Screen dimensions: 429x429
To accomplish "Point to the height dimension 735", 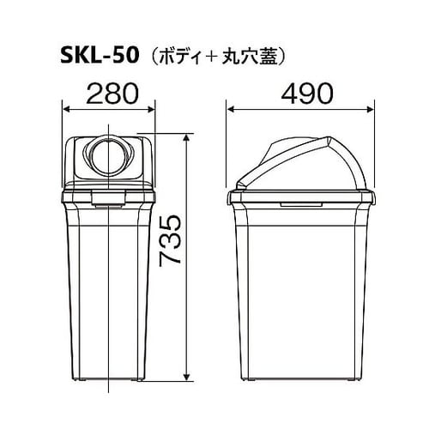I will click(x=172, y=239).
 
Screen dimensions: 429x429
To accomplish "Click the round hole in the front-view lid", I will click(x=108, y=158).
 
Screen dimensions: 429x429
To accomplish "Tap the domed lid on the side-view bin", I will click(x=300, y=159).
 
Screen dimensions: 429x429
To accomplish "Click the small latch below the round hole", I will click(x=108, y=203).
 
